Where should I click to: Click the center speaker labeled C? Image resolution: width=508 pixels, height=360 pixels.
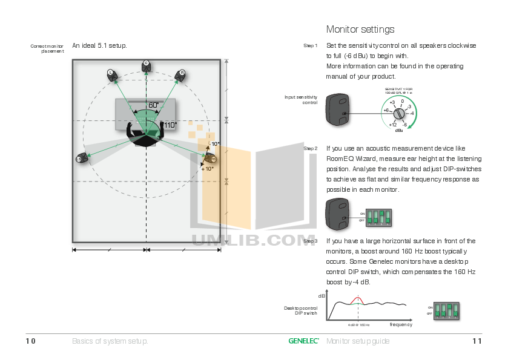pos(146,65)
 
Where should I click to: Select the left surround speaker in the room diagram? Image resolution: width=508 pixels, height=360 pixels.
pos(82,159)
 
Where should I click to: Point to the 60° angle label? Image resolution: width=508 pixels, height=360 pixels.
pos(154,105)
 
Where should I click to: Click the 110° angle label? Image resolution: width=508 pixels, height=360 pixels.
pos(170,125)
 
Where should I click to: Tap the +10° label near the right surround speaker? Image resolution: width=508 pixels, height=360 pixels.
pos(207,169)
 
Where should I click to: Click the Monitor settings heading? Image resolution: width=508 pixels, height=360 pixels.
pos(360,29)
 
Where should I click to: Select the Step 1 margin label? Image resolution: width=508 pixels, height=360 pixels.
pos(310,46)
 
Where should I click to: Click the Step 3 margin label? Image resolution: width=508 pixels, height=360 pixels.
pos(310,241)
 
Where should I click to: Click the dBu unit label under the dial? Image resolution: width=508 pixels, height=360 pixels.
pos(399,130)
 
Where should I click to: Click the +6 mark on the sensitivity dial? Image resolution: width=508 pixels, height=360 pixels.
pos(385,110)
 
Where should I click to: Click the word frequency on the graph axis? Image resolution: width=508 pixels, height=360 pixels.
pos(401,325)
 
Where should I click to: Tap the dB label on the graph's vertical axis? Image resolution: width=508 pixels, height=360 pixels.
pos(322,296)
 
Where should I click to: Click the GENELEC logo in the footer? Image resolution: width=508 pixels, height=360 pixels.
pos(303,341)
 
